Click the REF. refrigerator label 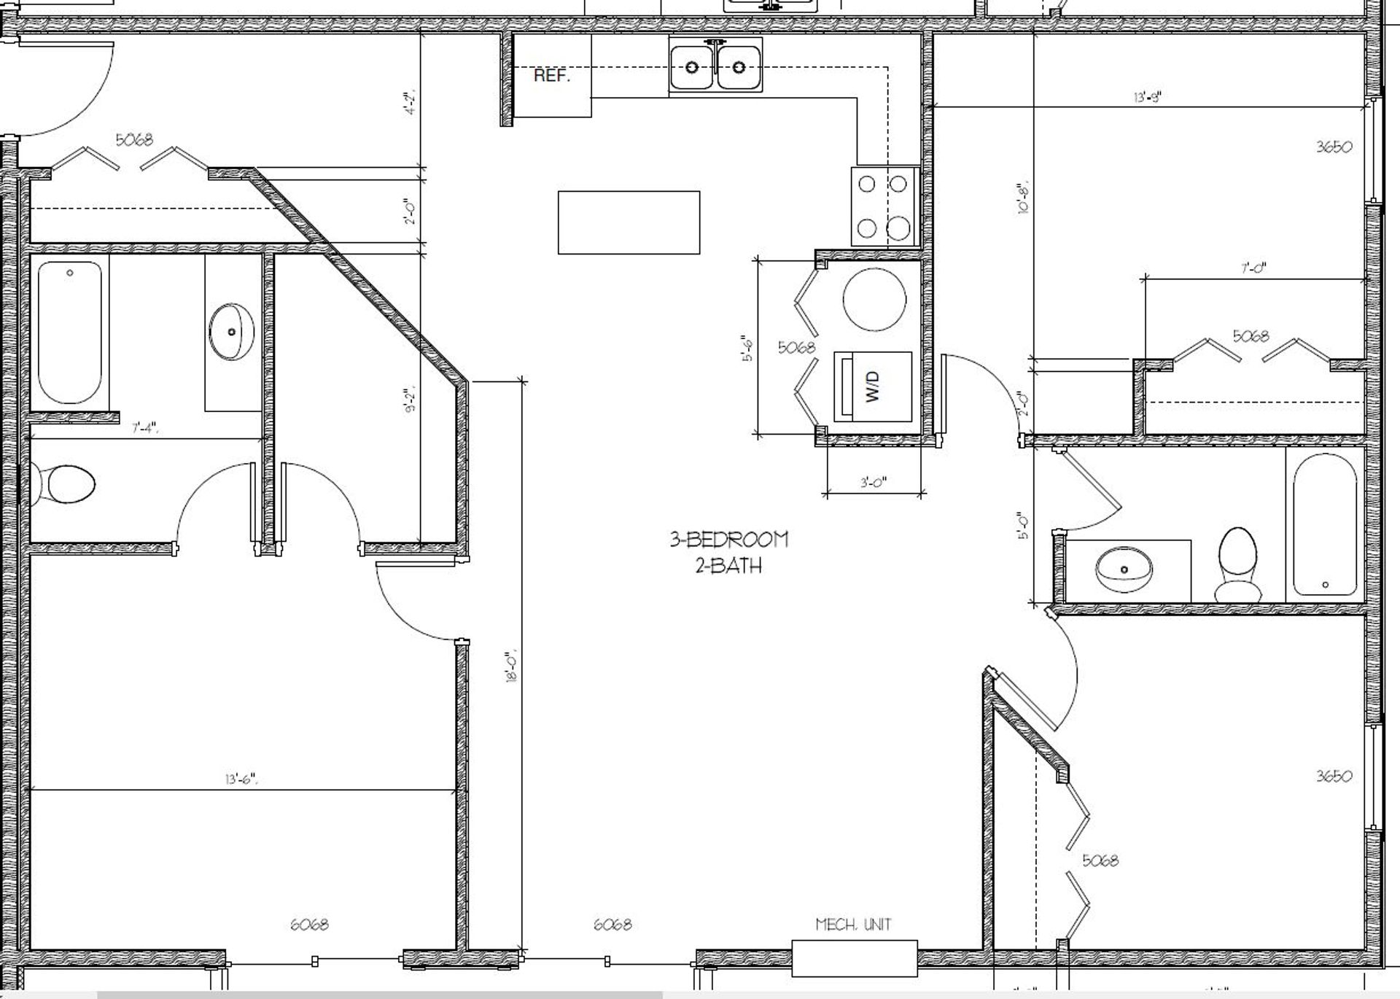point(552,76)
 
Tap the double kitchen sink point(715,67)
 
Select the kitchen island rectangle point(629,222)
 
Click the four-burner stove point(884,206)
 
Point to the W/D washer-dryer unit point(873,386)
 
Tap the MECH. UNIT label point(853,925)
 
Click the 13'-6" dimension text point(241,779)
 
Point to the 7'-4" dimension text point(145,428)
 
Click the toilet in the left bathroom point(66,484)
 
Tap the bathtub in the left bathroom point(69,332)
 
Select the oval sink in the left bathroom point(231,332)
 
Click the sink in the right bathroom point(1124,569)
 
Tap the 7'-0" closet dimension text point(1253,268)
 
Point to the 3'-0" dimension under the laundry point(873,482)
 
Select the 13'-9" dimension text point(1147,96)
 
